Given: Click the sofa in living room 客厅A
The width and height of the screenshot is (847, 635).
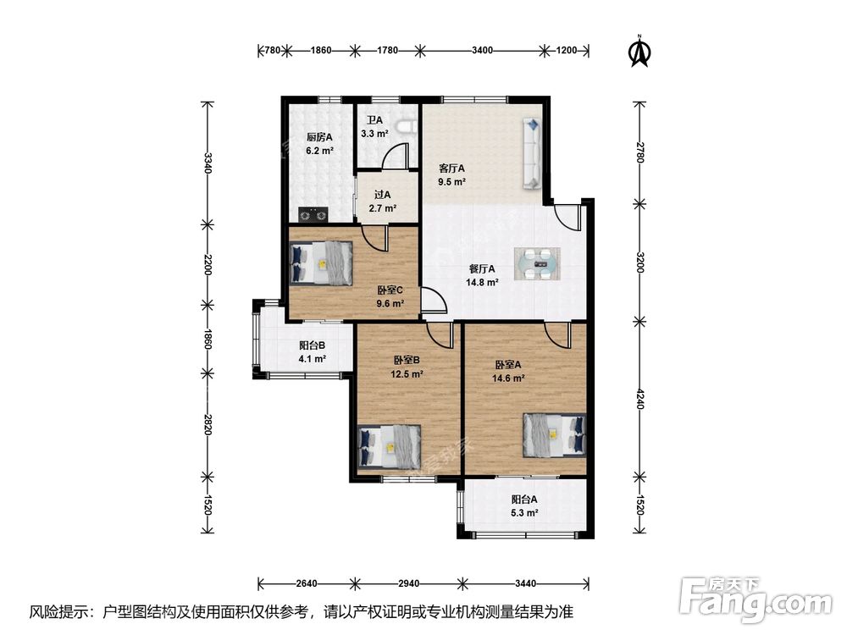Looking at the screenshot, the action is point(532,154).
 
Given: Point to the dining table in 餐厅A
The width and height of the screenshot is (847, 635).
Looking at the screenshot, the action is point(537,264).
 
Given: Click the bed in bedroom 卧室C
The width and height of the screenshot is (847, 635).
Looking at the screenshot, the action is point(321,263).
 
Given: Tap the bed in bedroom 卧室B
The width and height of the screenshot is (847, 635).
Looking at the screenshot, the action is point(390,447).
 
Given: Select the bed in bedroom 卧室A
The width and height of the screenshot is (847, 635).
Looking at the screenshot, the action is point(554,435).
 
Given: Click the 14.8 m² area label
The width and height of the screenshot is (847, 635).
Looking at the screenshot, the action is point(482,282).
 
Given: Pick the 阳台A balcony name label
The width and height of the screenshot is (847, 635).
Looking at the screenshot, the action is point(524,500).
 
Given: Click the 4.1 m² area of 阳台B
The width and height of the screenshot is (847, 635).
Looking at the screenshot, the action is point(313,358).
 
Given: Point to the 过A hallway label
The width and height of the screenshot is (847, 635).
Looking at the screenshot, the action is point(383,195).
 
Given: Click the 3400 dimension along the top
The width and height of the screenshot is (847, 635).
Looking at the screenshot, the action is point(483,50).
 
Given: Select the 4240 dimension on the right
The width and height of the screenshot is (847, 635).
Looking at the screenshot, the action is point(640,399).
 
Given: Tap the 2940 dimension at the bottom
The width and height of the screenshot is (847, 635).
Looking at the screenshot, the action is point(408,583).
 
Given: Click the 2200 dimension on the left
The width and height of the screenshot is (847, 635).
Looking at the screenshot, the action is point(208,265).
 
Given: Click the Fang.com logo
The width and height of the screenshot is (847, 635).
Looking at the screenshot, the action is point(756,599).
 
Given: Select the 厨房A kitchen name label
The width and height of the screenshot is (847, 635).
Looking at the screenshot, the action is point(319,137).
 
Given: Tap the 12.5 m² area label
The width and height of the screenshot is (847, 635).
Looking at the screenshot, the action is point(407,373).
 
